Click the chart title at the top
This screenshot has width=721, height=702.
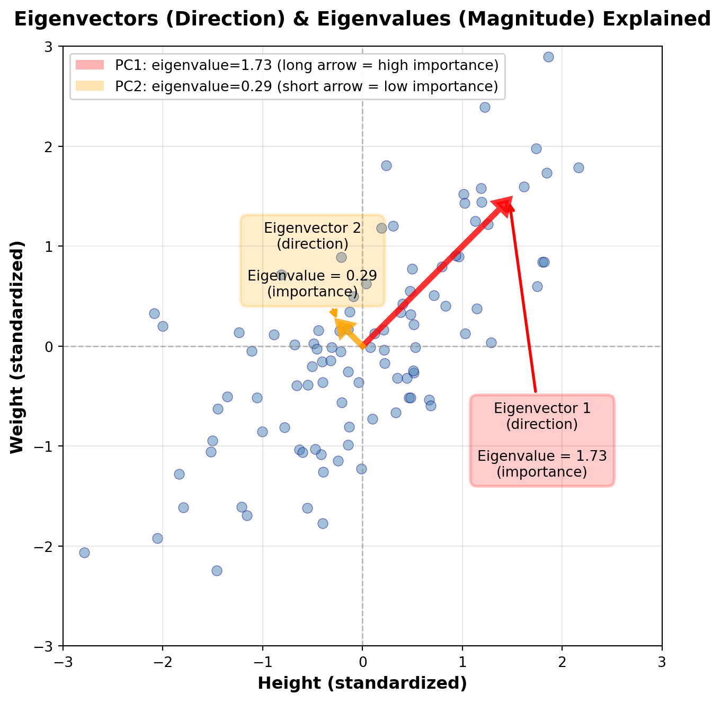pyautogui.click(x=362, y=19)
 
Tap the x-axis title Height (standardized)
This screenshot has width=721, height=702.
pyautogui.click(x=362, y=683)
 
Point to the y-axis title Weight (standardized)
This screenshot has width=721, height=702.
pyautogui.click(x=17, y=346)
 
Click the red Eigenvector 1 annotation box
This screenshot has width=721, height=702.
pyautogui.click(x=542, y=440)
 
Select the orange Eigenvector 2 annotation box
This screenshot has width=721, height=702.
pyautogui.click(x=313, y=260)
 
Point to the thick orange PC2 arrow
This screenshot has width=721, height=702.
pyautogui.click(x=350, y=333)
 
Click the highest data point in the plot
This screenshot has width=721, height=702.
pyautogui.click(x=548, y=57)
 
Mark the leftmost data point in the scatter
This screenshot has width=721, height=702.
pyautogui.click(x=84, y=552)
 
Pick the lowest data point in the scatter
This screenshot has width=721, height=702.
pyautogui.click(x=217, y=571)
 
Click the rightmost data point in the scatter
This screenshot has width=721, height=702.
pyautogui.click(x=578, y=168)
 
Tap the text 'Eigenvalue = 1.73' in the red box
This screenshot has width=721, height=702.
pyautogui.click(x=542, y=456)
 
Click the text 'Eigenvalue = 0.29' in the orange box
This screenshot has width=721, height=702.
pyautogui.click(x=313, y=276)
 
